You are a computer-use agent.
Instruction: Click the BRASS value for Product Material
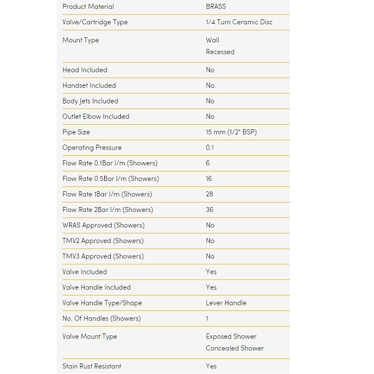216,7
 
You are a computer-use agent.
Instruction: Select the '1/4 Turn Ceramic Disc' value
239,22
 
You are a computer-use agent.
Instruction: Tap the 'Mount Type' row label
80,41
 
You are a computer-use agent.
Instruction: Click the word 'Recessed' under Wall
220,52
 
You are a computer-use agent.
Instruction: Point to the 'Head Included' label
85,70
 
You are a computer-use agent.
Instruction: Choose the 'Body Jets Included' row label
90,101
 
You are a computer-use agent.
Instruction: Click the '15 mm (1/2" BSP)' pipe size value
234,132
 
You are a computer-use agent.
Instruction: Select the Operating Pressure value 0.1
210,148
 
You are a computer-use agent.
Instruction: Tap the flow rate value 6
208,163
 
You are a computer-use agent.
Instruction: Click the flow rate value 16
209,179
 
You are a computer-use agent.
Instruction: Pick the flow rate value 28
209,194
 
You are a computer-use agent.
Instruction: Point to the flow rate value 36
209,210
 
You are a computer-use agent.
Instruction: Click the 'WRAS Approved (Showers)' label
103,226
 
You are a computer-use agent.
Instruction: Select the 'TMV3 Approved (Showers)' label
103,256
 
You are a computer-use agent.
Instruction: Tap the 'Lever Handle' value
226,303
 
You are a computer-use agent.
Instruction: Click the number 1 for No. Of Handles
208,319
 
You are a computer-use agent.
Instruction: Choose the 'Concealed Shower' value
234,348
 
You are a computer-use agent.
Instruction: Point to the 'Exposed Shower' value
231,337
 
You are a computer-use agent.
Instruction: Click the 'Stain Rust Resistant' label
92,367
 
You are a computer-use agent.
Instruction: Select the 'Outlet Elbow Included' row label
95,117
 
